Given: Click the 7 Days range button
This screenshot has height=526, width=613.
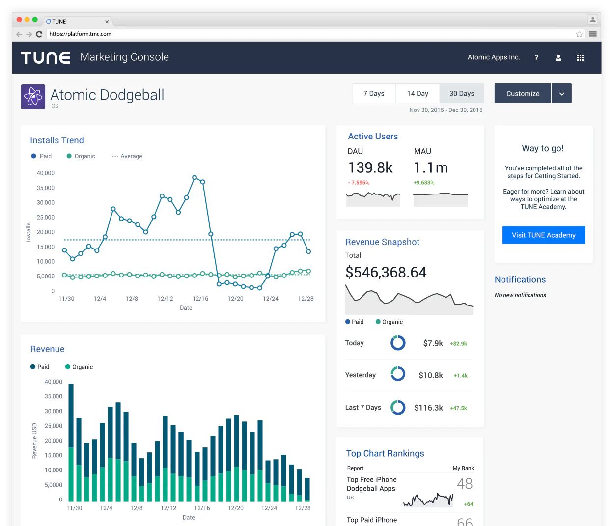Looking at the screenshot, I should [x=374, y=93].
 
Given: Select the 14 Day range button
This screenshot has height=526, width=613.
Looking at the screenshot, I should [x=418, y=93].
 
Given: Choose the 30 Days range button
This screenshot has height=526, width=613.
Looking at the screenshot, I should [x=462, y=93].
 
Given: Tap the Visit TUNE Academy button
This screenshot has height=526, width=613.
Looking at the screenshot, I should [x=543, y=235].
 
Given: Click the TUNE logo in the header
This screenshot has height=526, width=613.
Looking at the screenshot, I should [x=45, y=57].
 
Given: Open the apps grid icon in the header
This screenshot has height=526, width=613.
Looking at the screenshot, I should [x=580, y=57].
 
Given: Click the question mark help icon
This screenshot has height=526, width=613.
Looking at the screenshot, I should [x=536, y=57].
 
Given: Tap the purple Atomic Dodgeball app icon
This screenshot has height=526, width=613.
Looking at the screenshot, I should [x=33, y=97].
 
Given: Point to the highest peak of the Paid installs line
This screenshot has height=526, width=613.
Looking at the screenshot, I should [x=195, y=177].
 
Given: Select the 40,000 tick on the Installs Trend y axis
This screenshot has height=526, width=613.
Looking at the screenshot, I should [x=46, y=173].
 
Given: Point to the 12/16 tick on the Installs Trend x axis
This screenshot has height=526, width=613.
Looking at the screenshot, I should [x=200, y=299].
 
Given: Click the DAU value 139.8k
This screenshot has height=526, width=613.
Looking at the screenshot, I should [x=370, y=168].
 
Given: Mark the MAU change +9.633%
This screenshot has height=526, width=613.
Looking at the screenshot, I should [x=424, y=183].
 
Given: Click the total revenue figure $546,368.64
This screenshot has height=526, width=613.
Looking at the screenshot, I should [x=386, y=272].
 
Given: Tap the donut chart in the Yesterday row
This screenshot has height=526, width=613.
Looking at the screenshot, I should [x=398, y=374].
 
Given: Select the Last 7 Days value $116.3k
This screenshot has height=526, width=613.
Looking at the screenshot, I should [x=428, y=408].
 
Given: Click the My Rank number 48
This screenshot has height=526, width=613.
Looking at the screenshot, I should [x=465, y=484].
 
